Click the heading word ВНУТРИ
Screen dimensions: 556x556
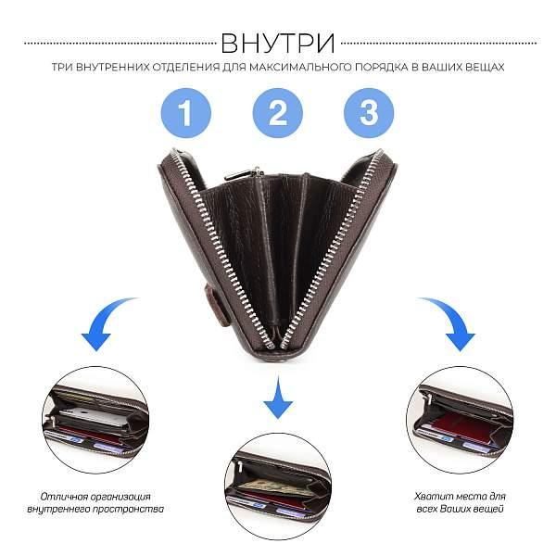278,44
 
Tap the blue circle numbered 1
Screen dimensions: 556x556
186,113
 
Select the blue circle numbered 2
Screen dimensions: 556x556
278,113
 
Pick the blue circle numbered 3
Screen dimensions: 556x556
369,113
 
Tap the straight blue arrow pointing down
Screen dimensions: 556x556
278,398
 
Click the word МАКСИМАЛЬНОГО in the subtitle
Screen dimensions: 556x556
305,67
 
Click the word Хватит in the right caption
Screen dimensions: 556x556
432,497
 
